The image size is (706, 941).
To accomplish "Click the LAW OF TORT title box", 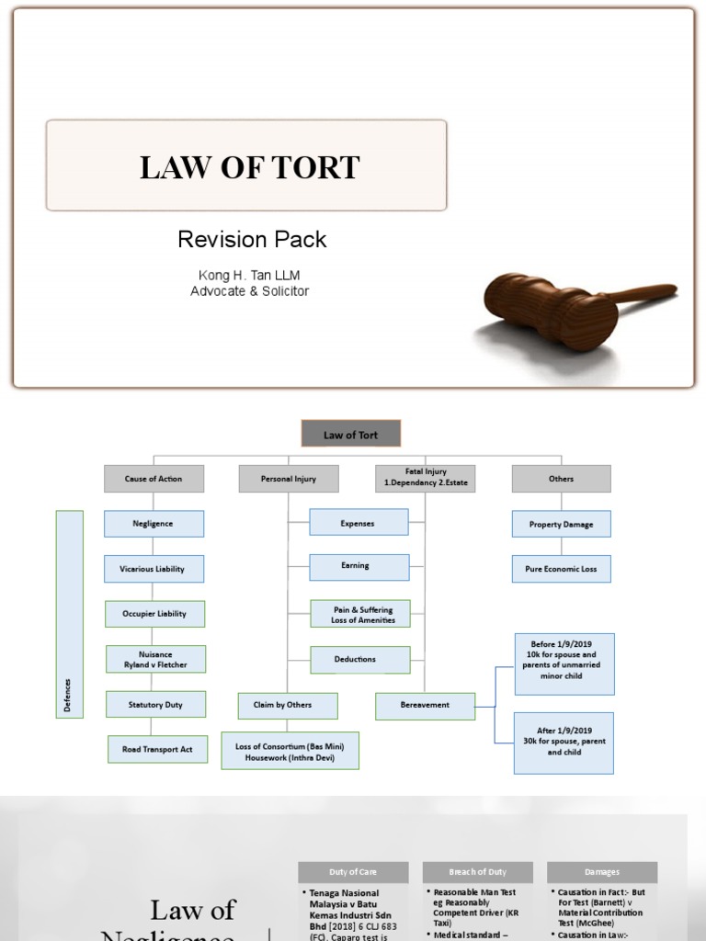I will pyautogui.click(x=246, y=166).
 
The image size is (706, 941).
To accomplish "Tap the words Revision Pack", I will pyautogui.click(x=252, y=240).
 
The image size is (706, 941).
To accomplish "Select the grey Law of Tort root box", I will pyautogui.click(x=351, y=435).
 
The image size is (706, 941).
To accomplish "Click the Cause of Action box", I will pyautogui.click(x=154, y=479).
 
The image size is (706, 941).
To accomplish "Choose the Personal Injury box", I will pyautogui.click(x=289, y=479).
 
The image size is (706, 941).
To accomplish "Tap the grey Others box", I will pyautogui.click(x=561, y=479).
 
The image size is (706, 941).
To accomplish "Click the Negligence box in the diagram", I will pyautogui.click(x=154, y=524).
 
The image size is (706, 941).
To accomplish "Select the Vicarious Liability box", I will pyautogui.click(x=154, y=569).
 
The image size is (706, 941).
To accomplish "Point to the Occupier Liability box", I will pyautogui.click(x=154, y=614).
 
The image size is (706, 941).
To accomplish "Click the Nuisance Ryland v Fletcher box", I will pyautogui.click(x=154, y=659).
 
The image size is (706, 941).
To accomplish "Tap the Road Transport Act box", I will pyautogui.click(x=157, y=749).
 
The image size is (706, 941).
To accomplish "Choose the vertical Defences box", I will pyautogui.click(x=69, y=614).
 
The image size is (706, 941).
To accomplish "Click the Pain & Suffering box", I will pyautogui.click(x=359, y=614).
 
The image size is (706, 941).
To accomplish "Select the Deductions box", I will pyautogui.click(x=359, y=659).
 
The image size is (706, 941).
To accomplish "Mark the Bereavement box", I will pyautogui.click(x=425, y=705).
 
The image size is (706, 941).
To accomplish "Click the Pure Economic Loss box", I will pyautogui.click(x=561, y=569).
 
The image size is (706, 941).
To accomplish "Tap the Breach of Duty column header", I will pyautogui.click(x=477, y=872).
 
